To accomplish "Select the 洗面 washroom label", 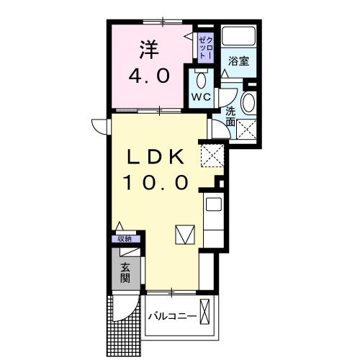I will coord(230,117).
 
